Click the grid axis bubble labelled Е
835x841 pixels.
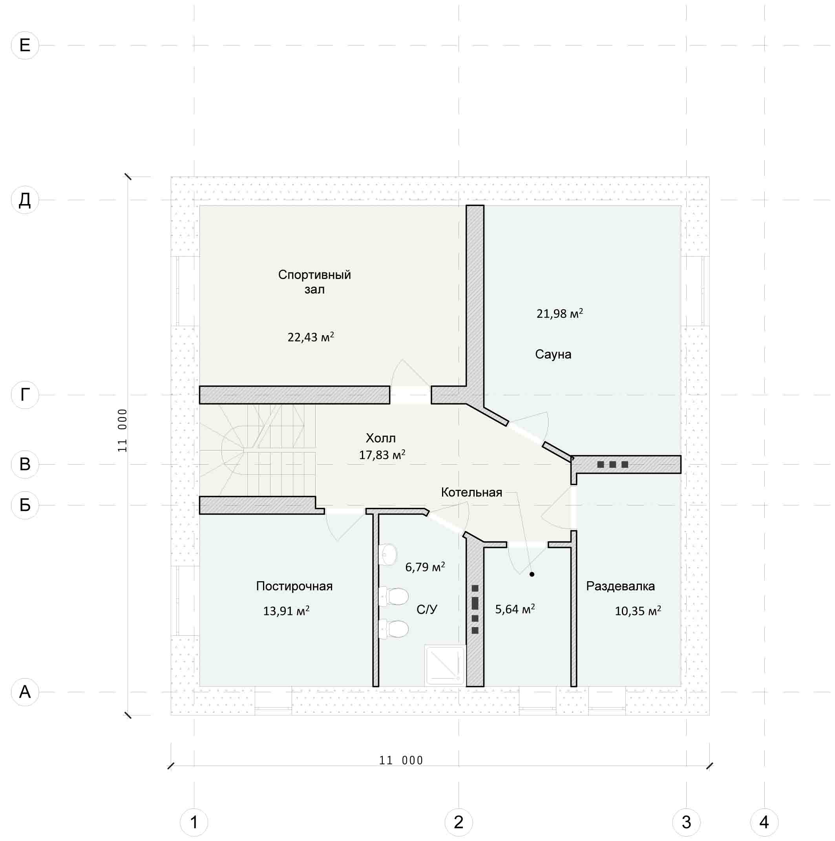(25, 45)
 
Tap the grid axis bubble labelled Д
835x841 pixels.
(25, 200)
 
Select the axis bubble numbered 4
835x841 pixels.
(764, 822)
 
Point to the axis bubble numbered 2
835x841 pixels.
(459, 822)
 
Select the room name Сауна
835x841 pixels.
(553, 354)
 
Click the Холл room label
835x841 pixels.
(380, 438)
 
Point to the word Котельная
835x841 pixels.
(471, 493)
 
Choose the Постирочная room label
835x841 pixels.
(294, 586)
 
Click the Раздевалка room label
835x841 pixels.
(620, 586)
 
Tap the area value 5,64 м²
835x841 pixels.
(515, 609)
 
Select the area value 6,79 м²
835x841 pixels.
(425, 567)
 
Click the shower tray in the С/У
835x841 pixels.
(444, 665)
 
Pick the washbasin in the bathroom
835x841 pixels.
(389, 555)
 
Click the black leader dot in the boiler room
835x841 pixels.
(532, 574)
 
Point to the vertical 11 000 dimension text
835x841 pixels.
(122, 430)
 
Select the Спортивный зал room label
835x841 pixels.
(314, 282)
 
